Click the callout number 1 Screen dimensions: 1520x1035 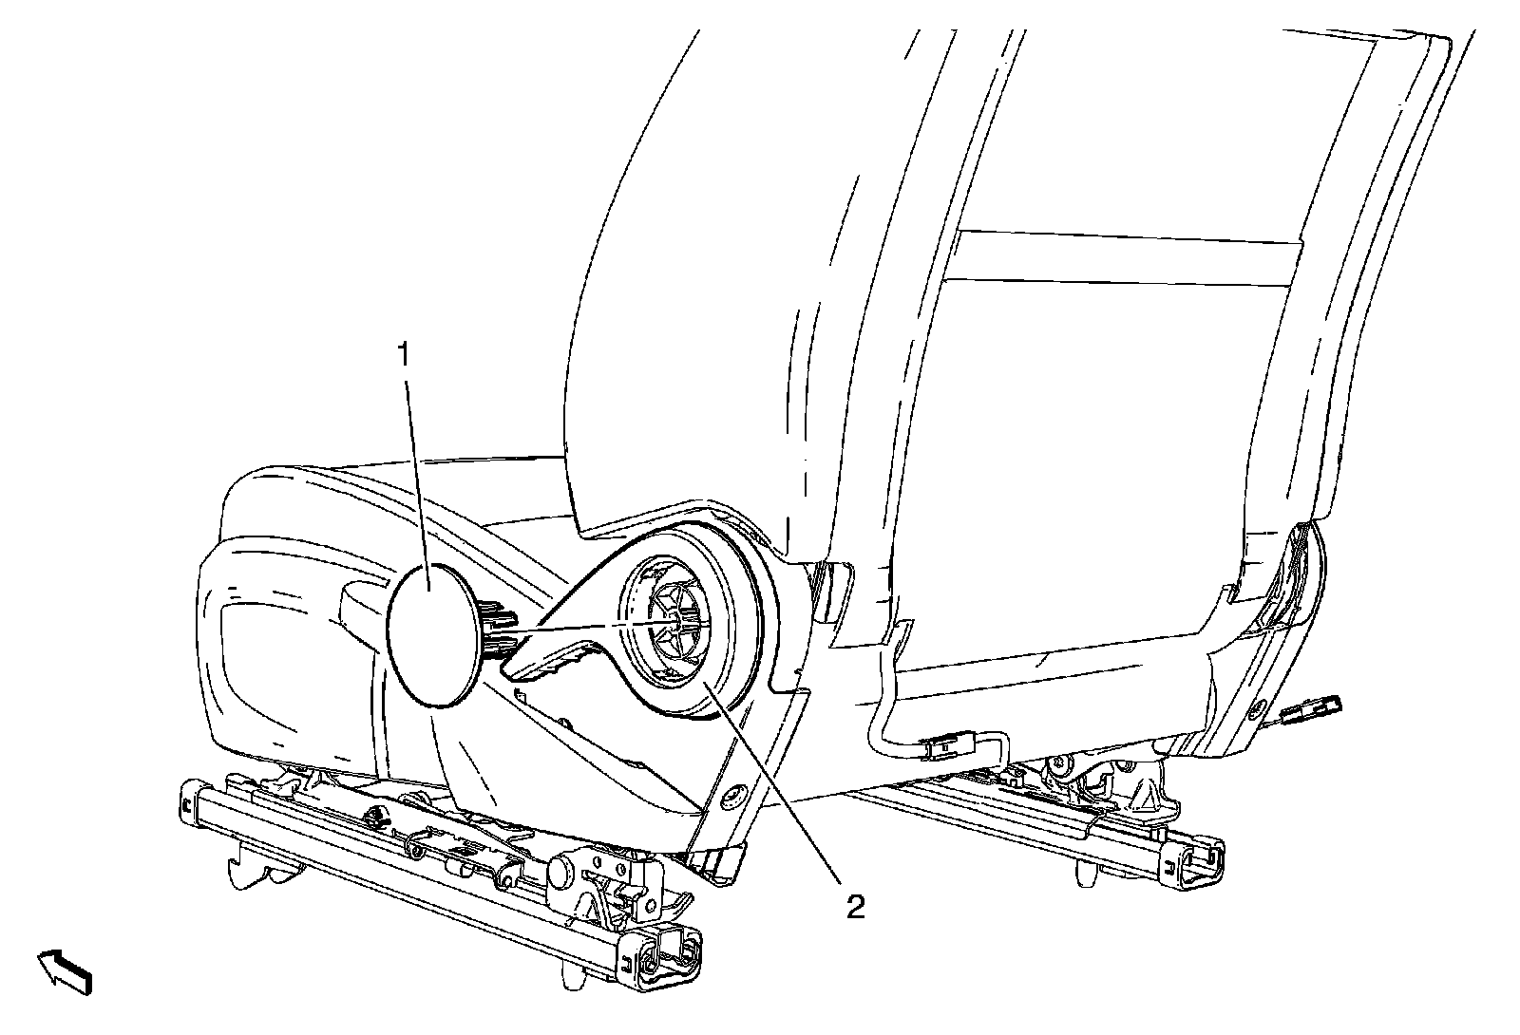[x=404, y=356]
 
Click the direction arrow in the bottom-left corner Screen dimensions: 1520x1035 [x=66, y=970]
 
